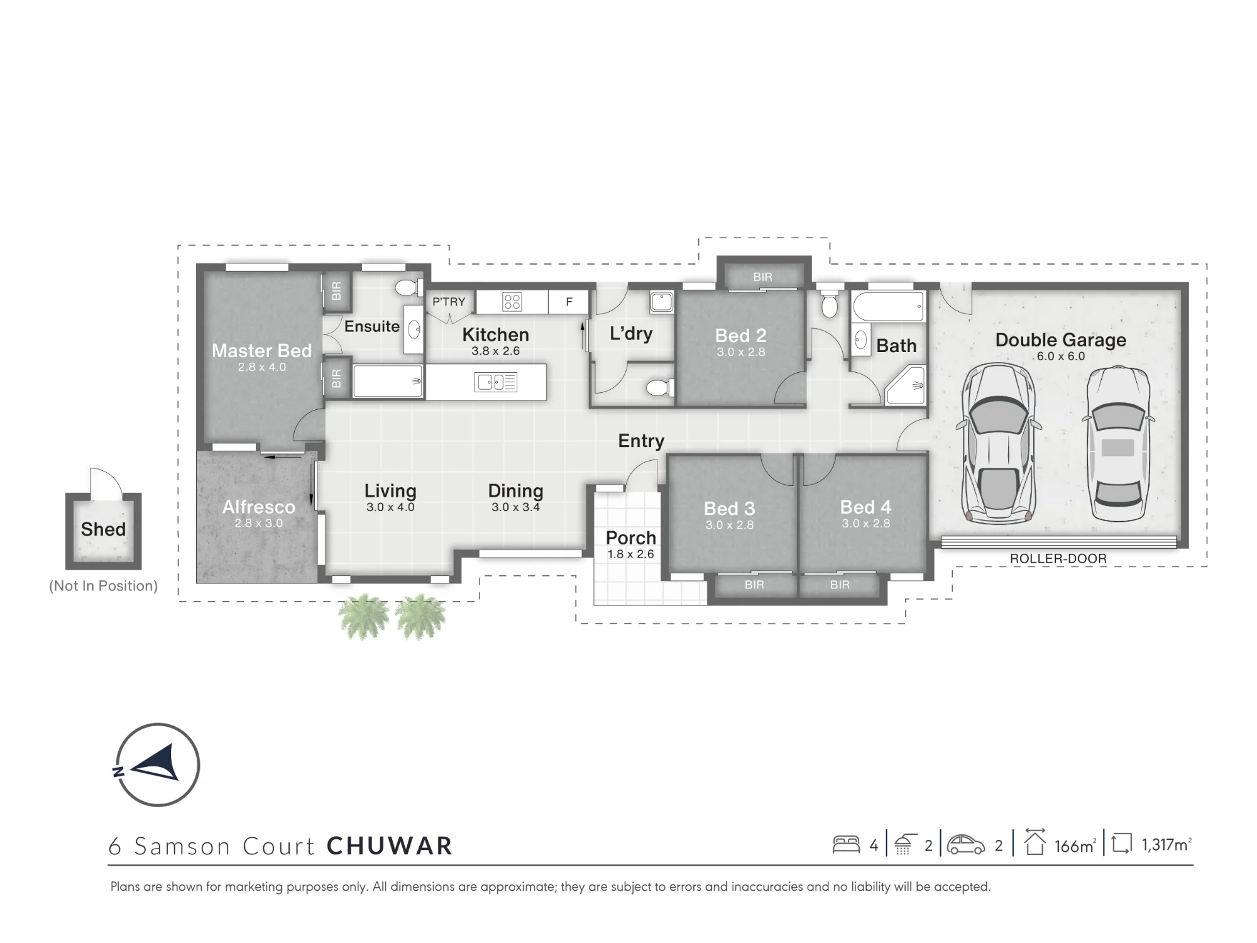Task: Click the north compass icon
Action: (157, 764)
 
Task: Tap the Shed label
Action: (103, 529)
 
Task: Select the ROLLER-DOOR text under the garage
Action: (1058, 558)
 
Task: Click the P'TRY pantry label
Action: (449, 302)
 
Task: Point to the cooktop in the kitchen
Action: (512, 302)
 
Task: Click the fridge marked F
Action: (569, 302)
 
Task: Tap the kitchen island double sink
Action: (496, 382)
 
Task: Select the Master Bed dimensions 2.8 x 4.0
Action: (261, 367)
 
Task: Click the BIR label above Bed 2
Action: (763, 277)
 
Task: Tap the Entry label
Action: (641, 441)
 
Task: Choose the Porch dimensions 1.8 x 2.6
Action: (630, 554)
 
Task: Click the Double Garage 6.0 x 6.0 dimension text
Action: (1061, 356)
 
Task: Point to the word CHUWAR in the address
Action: (390, 846)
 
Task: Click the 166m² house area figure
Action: (1074, 846)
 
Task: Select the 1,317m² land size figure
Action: (1166, 845)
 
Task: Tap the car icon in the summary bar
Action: (965, 844)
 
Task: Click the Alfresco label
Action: (258, 507)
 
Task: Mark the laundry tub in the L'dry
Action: (661, 302)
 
